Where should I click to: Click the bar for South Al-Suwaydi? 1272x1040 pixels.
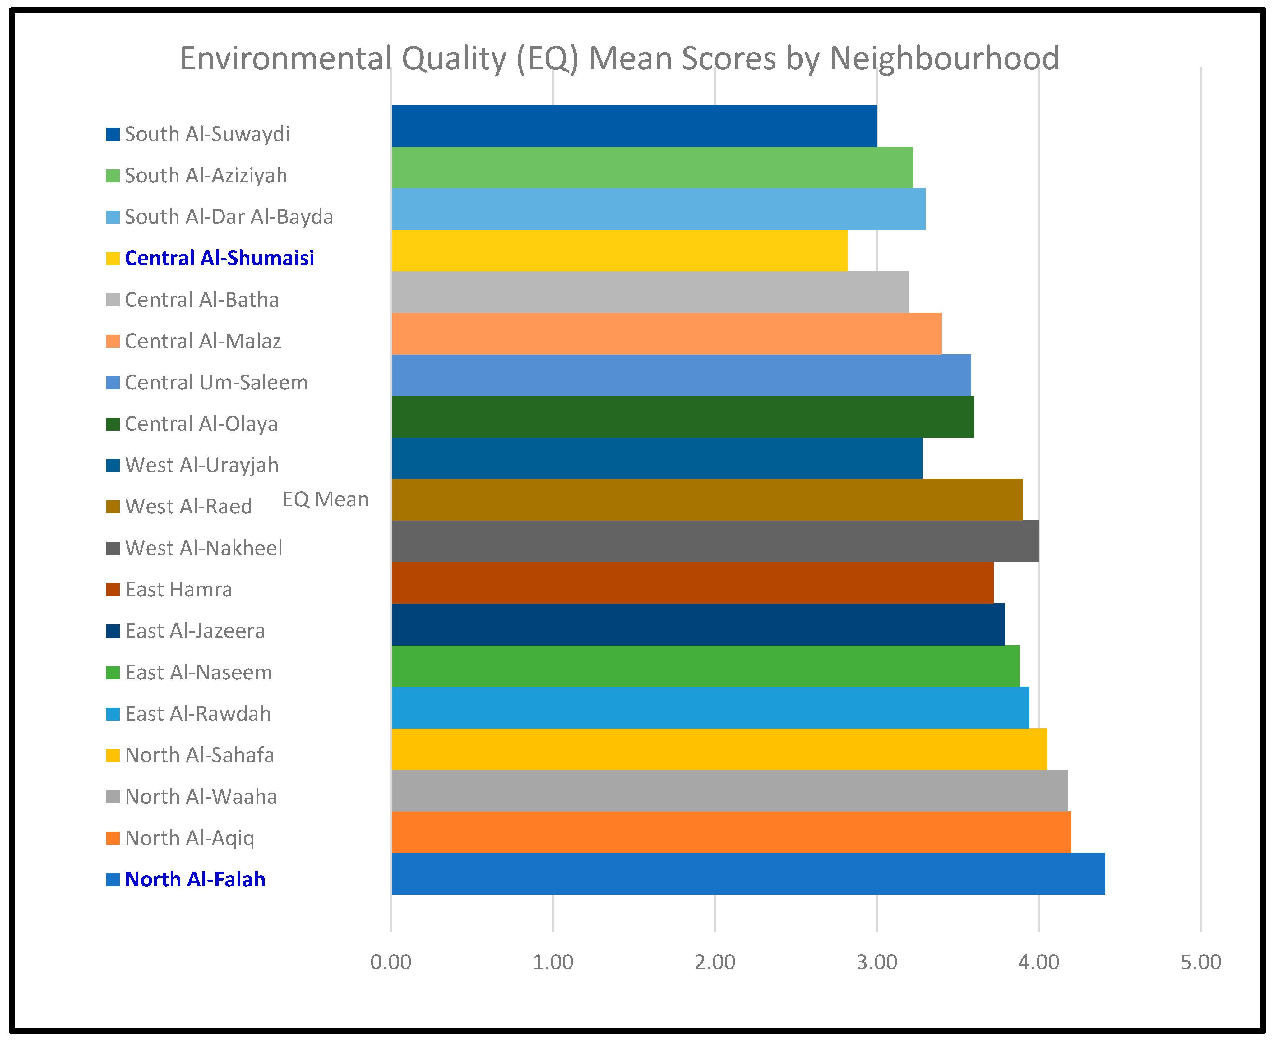[634, 126]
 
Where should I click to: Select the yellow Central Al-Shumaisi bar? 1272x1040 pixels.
[620, 251]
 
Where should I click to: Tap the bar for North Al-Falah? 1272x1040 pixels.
[748, 873]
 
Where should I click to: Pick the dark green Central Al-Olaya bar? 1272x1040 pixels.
[683, 417]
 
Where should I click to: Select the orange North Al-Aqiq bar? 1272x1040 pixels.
[732, 832]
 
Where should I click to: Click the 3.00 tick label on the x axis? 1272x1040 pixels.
[877, 962]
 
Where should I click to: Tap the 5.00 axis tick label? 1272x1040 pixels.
[1201, 962]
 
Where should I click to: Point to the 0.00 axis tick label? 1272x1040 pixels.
[391, 962]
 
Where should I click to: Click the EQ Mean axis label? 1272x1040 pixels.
[325, 499]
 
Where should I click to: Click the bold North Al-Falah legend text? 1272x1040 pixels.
[195, 879]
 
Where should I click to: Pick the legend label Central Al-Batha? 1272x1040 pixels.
[202, 300]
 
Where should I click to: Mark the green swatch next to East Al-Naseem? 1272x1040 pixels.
[113, 673]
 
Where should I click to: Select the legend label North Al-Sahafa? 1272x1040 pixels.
[200, 755]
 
